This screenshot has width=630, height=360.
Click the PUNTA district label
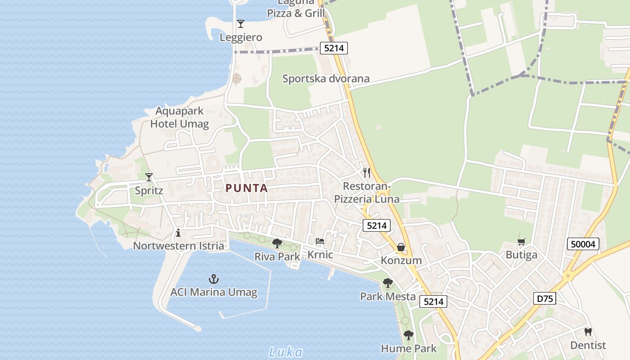pos(247,188)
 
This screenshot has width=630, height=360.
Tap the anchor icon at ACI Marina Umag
pos(214,279)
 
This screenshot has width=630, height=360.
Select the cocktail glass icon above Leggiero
pos(241,24)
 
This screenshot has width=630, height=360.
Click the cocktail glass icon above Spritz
pos(149,177)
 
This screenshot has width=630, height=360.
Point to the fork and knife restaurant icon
pos(367,172)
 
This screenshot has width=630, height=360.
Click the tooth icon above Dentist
pos(588,332)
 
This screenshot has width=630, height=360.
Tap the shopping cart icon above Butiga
pos(522,242)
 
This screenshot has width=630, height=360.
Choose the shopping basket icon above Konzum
pos(401,247)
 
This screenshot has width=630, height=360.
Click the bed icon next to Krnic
pos(320,242)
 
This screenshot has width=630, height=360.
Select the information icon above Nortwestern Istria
pos(178,233)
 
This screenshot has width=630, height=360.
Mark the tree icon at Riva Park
pos(277,243)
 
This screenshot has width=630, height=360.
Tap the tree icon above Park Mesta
pos(387,283)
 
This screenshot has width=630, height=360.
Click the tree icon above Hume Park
pos(408,335)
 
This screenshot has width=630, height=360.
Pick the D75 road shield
pos(544,298)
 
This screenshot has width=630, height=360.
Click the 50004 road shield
pos(583,244)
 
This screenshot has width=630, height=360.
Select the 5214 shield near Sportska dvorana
pos(334,48)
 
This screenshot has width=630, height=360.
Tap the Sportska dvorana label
pos(326,79)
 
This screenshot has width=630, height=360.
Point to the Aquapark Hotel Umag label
pos(180,117)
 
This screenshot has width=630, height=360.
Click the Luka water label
pos(285,352)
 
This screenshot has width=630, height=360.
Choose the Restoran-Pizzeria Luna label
pos(367,193)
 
